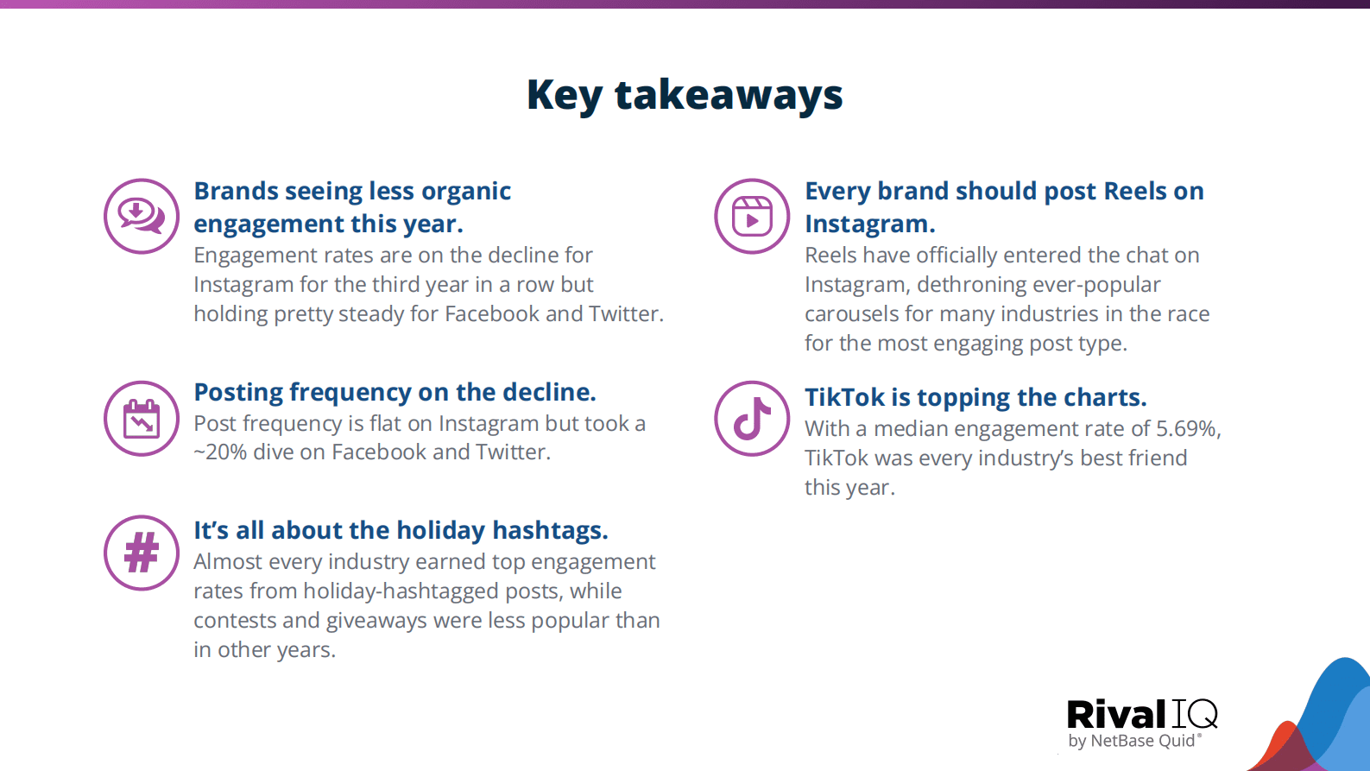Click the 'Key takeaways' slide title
(x=685, y=96)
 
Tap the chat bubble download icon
(x=142, y=216)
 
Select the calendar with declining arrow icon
(x=142, y=419)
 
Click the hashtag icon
(x=142, y=553)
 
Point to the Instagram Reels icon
(x=752, y=216)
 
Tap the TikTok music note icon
(x=752, y=419)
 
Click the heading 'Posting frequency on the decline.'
(x=395, y=392)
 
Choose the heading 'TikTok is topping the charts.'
(x=975, y=397)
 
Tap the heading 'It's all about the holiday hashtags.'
(x=401, y=530)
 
